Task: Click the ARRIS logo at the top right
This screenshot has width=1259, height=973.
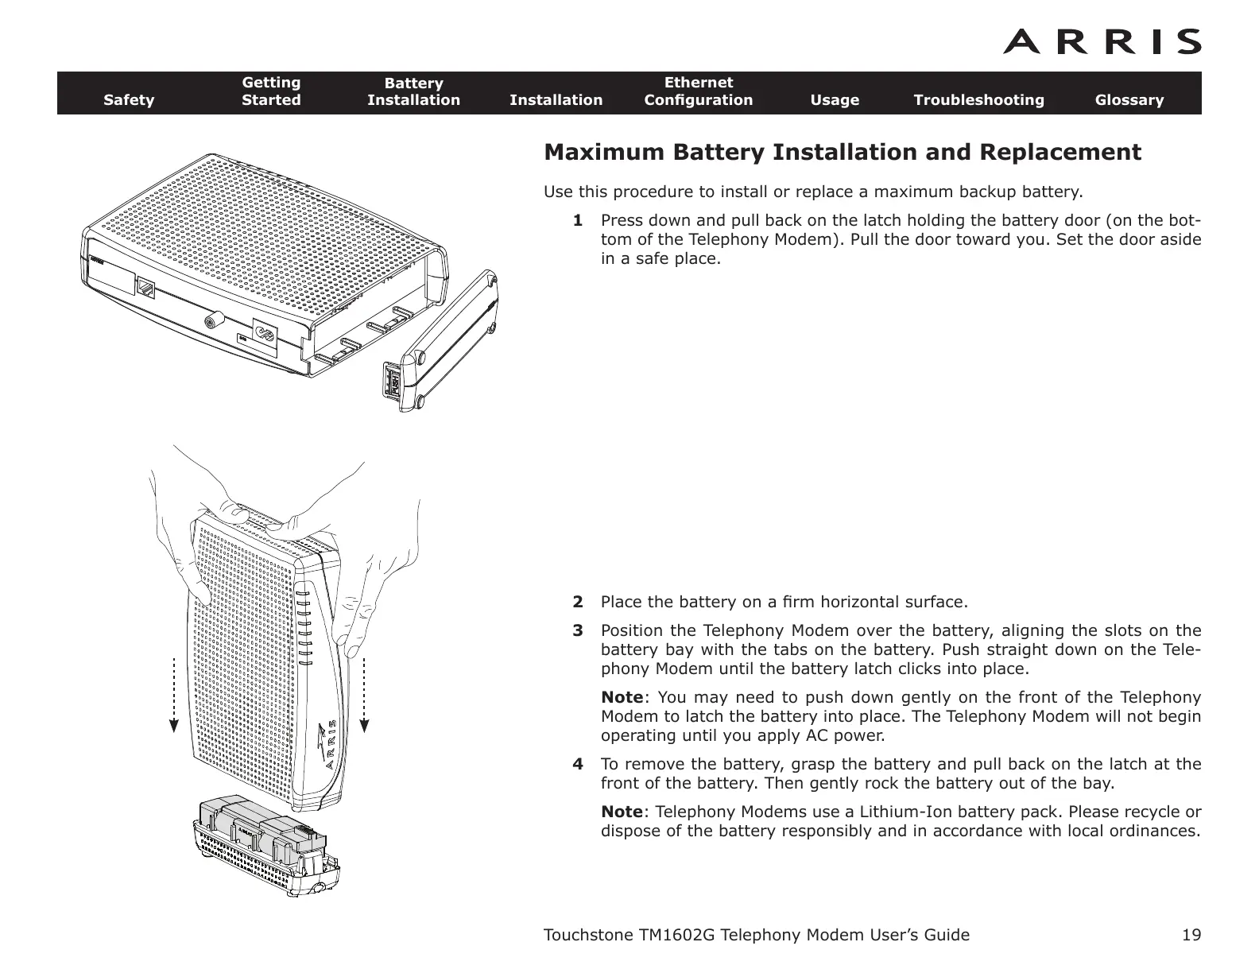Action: point(1102,41)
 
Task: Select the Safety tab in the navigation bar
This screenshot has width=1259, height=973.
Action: point(129,100)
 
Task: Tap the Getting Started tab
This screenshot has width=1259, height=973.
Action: point(271,91)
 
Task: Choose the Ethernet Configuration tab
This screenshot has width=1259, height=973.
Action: point(698,91)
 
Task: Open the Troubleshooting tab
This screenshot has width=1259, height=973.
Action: point(978,100)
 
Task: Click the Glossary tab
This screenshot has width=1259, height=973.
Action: point(1129,100)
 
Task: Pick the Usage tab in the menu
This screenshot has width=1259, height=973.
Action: point(834,100)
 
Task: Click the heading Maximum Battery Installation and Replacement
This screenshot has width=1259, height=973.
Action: point(842,152)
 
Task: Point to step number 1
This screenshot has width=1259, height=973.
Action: point(578,220)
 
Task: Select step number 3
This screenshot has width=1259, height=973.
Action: point(578,631)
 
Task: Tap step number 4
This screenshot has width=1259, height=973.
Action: point(578,765)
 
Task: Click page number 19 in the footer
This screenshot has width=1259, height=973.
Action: point(1191,935)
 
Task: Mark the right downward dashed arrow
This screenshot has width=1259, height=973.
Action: point(365,692)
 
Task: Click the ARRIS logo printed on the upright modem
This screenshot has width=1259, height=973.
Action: point(331,743)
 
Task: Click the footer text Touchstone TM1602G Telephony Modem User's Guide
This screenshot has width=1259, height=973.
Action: point(755,935)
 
